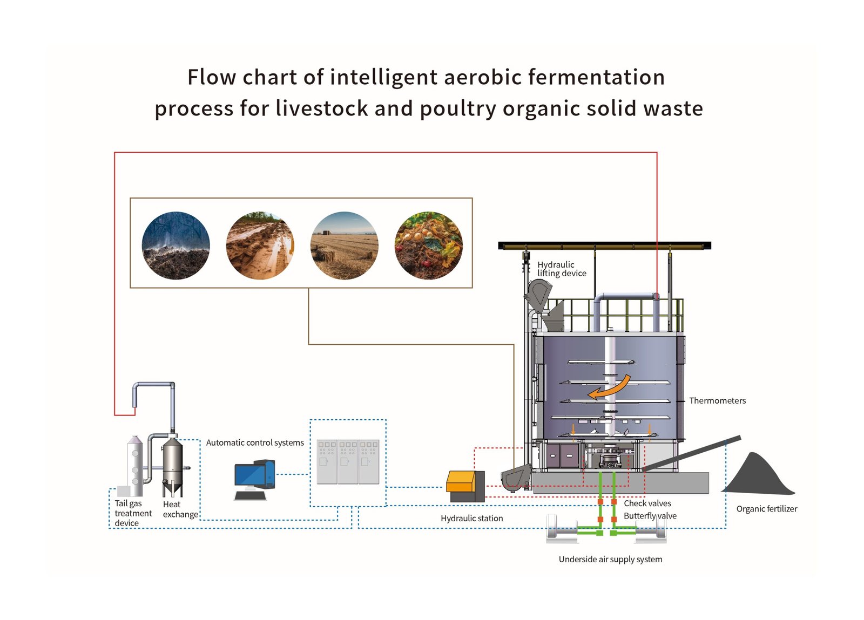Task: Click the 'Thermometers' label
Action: coord(718,401)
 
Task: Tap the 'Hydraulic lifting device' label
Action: coord(562,269)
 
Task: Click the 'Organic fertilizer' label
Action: coord(766,509)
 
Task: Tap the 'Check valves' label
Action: coord(647,503)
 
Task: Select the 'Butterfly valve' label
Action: coord(650,516)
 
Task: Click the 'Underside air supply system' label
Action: coord(610,559)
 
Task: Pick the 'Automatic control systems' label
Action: coord(254,443)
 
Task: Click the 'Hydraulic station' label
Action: coord(472,518)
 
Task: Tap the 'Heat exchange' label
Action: coord(180,509)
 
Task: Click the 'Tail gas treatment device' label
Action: coord(133,513)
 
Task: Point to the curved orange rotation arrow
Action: coord(611,389)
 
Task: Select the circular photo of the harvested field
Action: coord(344,246)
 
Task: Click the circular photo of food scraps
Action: coord(429,246)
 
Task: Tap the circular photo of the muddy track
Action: coord(260,246)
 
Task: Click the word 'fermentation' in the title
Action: coord(596,77)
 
